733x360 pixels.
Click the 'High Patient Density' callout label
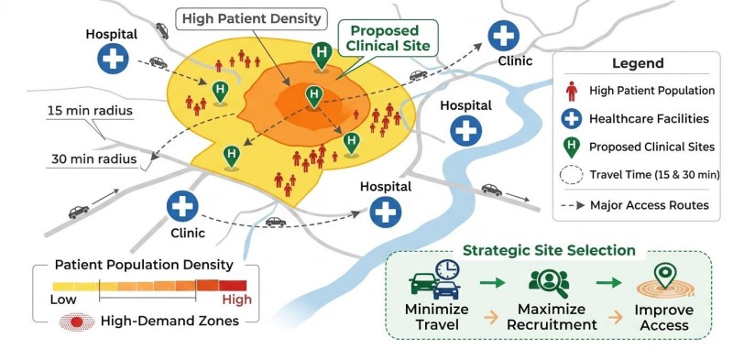pyautogui.click(x=251, y=19)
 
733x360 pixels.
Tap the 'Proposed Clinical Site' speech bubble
pyautogui.click(x=388, y=38)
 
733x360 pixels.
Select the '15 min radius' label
pyautogui.click(x=90, y=111)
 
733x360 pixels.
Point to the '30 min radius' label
pyautogui.click(x=94, y=159)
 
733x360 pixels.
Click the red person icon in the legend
pyautogui.click(x=571, y=92)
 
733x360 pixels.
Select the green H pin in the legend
pyautogui.click(x=571, y=147)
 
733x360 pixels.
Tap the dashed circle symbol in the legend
pyautogui.click(x=571, y=175)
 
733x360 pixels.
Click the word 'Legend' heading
pyautogui.click(x=638, y=63)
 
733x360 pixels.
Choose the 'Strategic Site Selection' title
pyautogui.click(x=549, y=251)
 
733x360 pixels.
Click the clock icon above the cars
pyautogui.click(x=447, y=269)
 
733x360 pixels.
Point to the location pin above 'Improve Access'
pyautogui.click(x=662, y=275)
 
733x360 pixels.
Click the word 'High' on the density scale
pyautogui.click(x=236, y=300)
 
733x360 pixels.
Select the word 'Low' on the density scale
pyautogui.click(x=63, y=300)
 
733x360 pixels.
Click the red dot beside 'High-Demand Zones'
pyautogui.click(x=77, y=322)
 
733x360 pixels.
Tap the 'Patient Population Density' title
pyautogui.click(x=144, y=265)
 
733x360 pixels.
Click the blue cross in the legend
pyautogui.click(x=571, y=119)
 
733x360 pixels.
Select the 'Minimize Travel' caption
pyautogui.click(x=437, y=317)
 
